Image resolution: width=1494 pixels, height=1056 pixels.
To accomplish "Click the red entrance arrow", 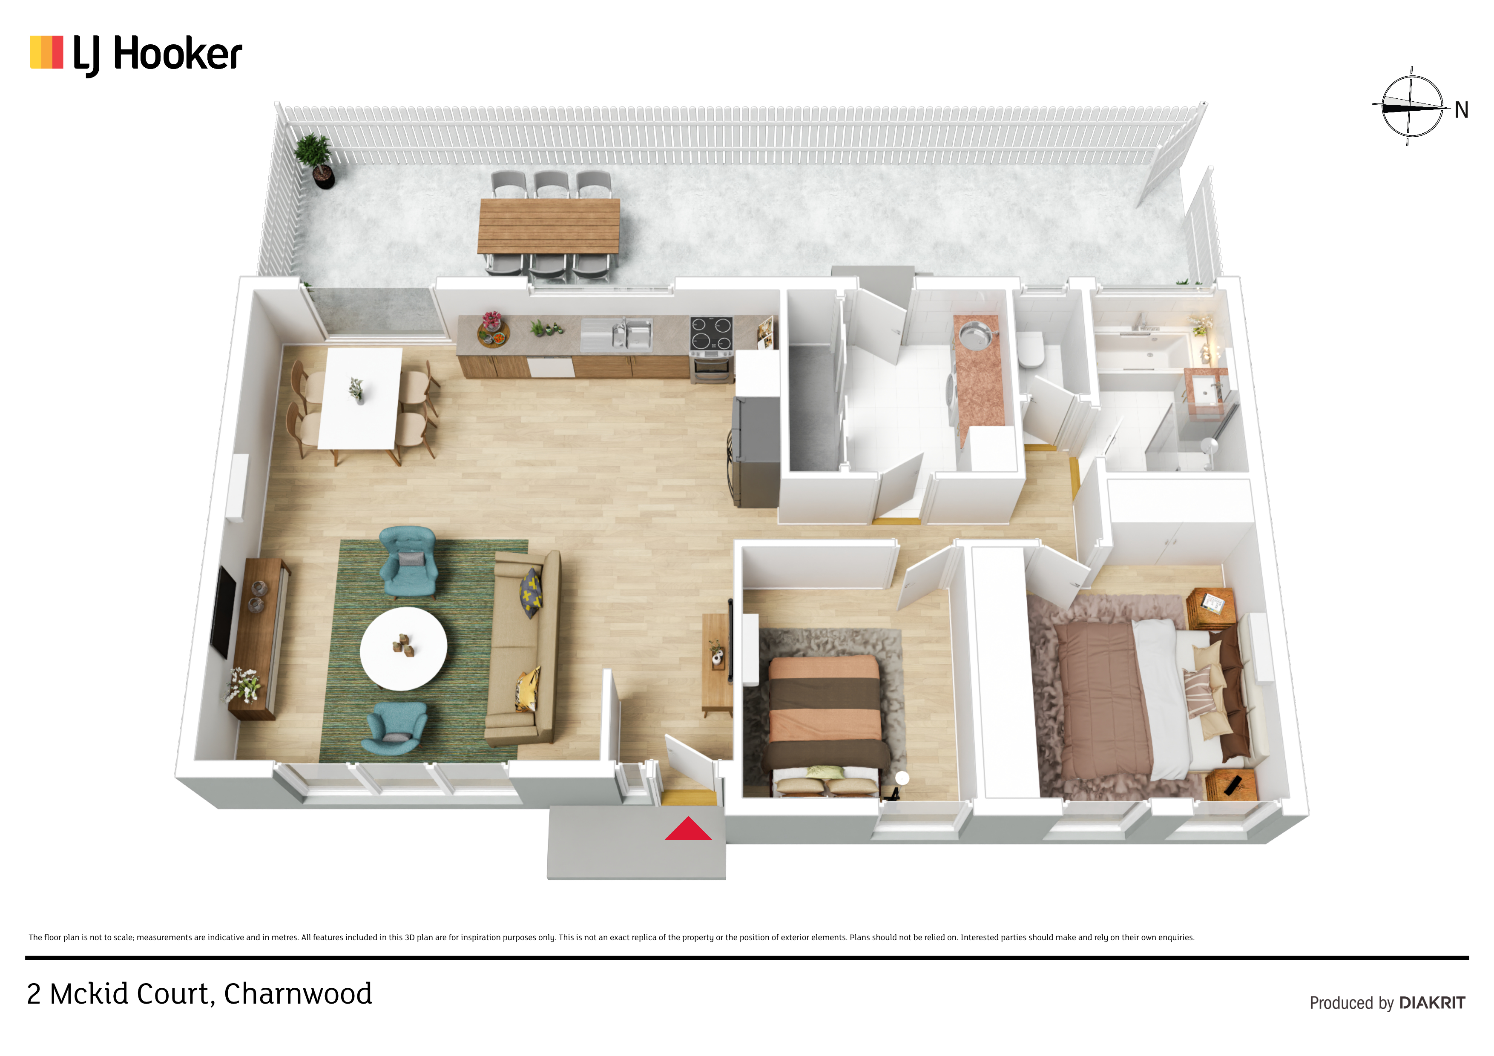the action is coord(688,829).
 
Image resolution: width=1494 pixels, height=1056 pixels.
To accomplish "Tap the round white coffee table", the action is coord(403,649).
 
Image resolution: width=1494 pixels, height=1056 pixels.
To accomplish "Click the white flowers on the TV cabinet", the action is coord(244,684).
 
